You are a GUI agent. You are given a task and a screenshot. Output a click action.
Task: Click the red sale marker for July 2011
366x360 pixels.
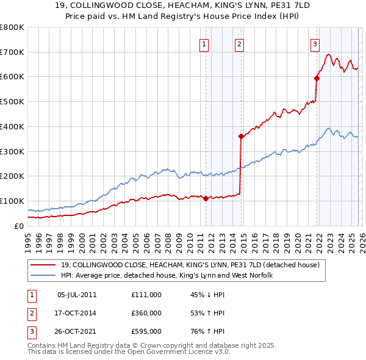(x=206, y=198)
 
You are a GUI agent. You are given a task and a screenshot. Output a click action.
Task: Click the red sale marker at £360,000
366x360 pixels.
(x=242, y=136)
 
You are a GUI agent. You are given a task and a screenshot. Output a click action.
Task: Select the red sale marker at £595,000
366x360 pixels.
(x=317, y=77)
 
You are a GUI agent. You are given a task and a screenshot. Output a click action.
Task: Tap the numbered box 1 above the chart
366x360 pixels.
(x=203, y=43)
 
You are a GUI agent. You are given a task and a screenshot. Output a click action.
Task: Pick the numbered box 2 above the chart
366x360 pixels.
(x=239, y=43)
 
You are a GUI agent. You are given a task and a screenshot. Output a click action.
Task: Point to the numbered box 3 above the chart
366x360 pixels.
(x=315, y=43)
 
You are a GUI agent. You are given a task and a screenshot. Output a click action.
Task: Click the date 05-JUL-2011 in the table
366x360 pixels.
(x=77, y=295)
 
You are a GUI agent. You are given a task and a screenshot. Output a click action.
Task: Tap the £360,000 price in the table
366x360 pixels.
(x=146, y=313)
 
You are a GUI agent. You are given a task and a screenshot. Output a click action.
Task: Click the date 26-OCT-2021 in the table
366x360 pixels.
(x=77, y=331)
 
